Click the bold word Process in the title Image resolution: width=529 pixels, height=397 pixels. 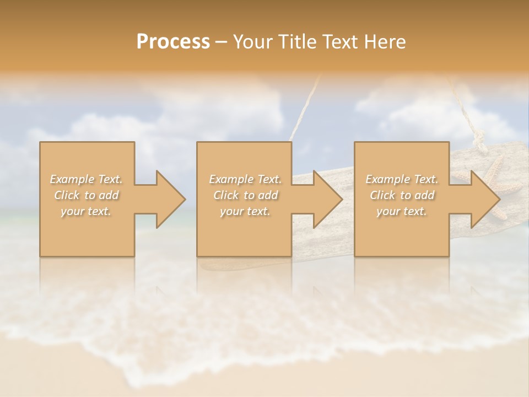coord(173,42)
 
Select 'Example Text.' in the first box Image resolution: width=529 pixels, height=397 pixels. coord(87,179)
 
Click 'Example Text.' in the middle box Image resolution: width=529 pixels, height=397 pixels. coord(245,179)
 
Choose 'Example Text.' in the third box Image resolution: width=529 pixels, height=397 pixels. coord(402,179)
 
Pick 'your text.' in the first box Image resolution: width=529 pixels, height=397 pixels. coord(86,211)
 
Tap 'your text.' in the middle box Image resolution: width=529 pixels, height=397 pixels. coord(245,211)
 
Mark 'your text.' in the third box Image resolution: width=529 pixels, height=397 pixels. coord(402,211)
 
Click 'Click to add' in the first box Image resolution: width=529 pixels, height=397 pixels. coord(87,195)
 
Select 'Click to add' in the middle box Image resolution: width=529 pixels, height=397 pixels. coord(245,195)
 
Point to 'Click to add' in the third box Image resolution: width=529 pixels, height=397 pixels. coord(402,195)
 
